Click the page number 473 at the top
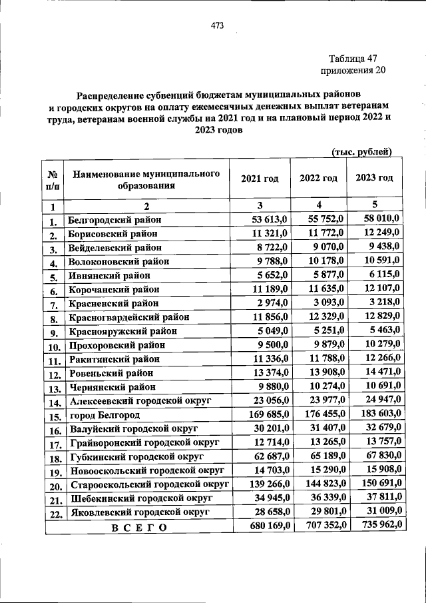(x=216, y=26)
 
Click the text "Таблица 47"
(x=353, y=58)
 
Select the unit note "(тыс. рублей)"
(x=362, y=152)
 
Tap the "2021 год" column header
(x=260, y=178)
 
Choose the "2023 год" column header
(x=374, y=178)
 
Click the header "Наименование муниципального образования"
(x=146, y=179)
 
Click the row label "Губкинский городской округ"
(x=136, y=456)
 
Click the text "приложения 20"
(x=352, y=70)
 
